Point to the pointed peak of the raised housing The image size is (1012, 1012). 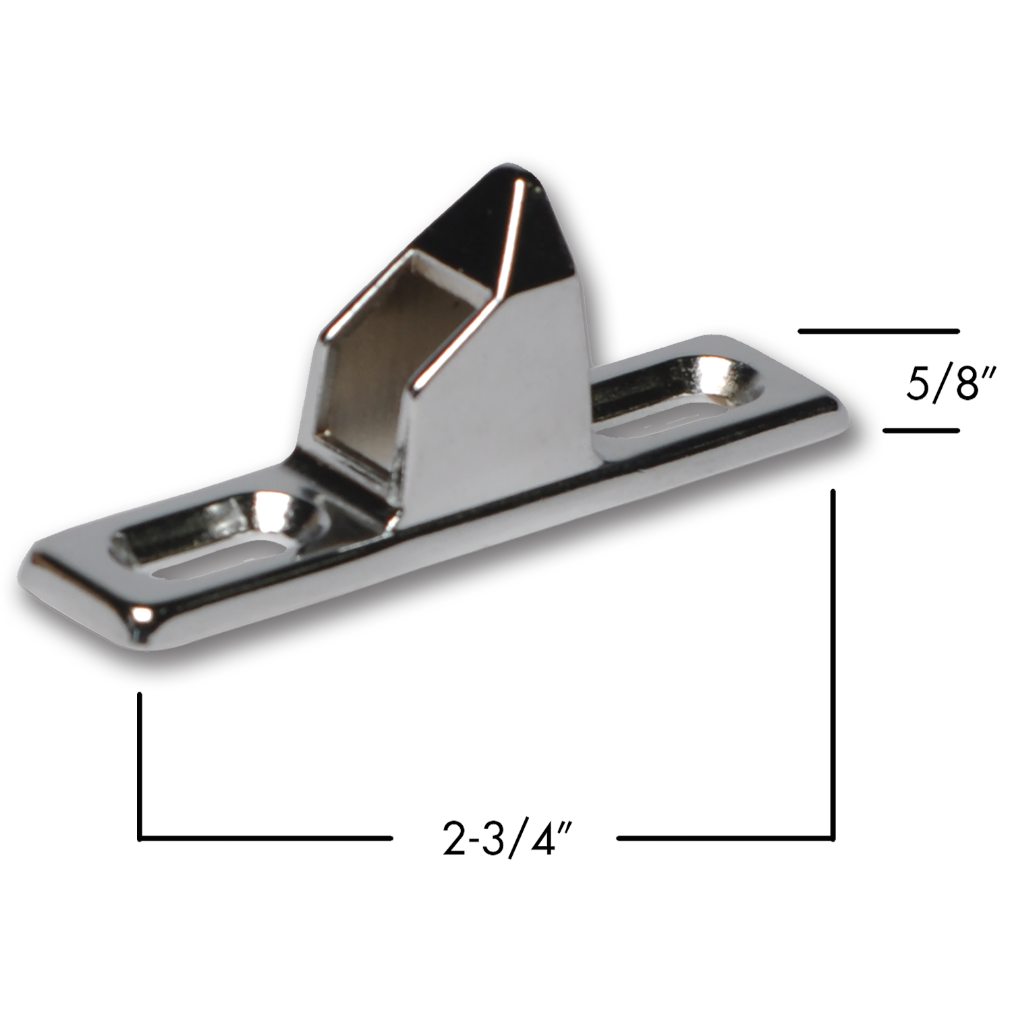click(x=513, y=172)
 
